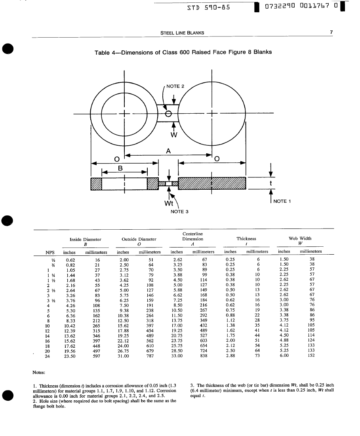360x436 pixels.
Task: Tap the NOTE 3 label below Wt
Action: click(179, 211)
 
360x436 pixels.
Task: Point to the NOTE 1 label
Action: click(282, 201)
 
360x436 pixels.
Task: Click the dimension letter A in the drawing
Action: click(169, 151)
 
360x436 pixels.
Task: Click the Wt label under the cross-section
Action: click(168, 204)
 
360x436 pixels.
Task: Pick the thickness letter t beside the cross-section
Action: click(270, 183)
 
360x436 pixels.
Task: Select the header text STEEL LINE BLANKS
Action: click(182, 33)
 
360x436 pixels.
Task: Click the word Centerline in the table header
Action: click(192, 234)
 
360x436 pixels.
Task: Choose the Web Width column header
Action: click(300, 238)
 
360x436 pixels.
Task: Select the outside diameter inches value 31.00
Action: click(124, 356)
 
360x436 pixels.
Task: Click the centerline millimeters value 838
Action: click(204, 356)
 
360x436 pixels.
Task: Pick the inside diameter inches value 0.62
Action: click(70, 260)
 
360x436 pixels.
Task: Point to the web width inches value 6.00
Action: click(284, 356)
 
